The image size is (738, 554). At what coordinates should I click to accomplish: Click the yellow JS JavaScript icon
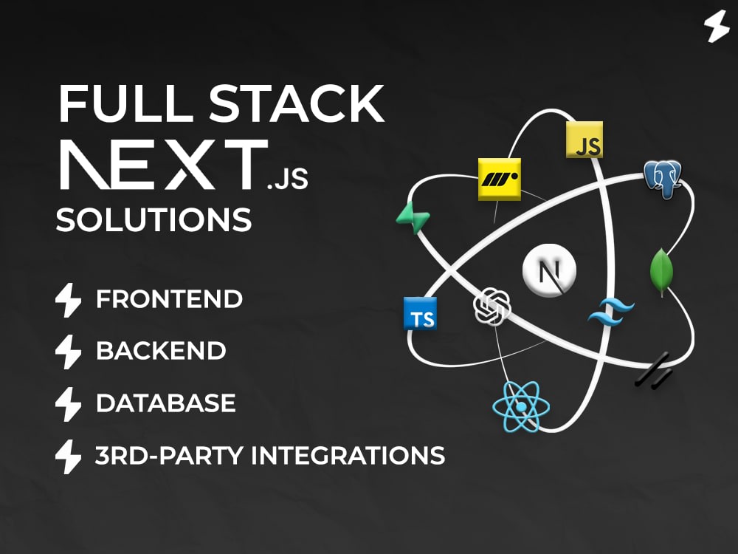click(x=584, y=140)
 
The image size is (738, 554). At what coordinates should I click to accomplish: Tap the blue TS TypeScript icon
click(x=421, y=314)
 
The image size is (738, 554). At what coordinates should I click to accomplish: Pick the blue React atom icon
click(x=521, y=406)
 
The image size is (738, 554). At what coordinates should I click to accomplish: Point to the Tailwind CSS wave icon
click(x=610, y=312)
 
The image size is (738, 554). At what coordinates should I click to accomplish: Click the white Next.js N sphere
click(x=549, y=270)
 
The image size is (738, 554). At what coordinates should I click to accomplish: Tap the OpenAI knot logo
click(x=492, y=307)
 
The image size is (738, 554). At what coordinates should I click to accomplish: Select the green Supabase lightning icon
click(x=413, y=218)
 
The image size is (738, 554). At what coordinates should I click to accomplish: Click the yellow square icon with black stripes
click(x=500, y=179)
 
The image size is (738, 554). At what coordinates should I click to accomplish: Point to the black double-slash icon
click(x=654, y=371)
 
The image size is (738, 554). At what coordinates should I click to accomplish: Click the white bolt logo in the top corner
click(x=717, y=27)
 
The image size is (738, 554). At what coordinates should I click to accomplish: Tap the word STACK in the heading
click(x=297, y=103)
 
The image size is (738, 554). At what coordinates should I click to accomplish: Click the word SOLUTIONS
click(x=154, y=219)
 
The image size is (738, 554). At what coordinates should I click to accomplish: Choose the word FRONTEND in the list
click(x=170, y=299)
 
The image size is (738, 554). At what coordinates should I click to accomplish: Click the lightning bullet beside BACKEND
click(x=68, y=352)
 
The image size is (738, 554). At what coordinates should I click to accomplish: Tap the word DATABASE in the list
click(x=165, y=403)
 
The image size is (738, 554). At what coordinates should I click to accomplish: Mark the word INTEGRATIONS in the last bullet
click(x=348, y=456)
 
